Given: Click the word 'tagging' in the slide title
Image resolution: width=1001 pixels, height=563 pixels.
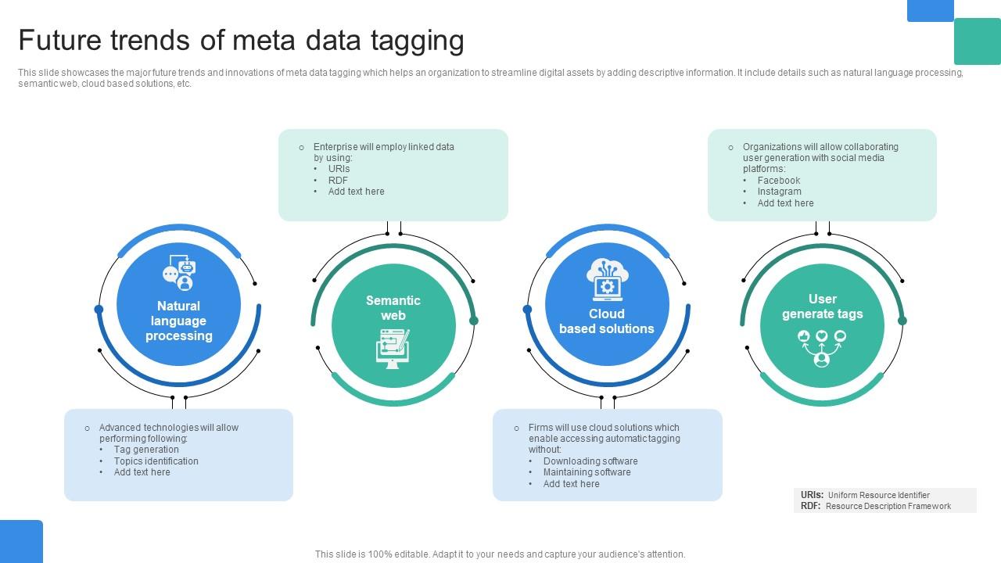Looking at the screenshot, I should pyautogui.click(x=417, y=41).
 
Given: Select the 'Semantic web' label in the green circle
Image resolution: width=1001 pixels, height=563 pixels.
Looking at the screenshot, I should pyautogui.click(x=393, y=307).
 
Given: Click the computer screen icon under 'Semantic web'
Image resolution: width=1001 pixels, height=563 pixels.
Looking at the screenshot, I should pyautogui.click(x=393, y=349).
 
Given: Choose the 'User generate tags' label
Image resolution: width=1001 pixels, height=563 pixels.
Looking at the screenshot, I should pyautogui.click(x=822, y=307).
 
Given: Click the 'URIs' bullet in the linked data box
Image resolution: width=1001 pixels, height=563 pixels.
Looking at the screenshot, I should pyautogui.click(x=339, y=169).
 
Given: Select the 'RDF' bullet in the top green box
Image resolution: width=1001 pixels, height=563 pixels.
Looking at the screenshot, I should pyautogui.click(x=338, y=180).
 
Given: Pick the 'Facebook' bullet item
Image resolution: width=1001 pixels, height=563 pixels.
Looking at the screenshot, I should pyautogui.click(x=778, y=181).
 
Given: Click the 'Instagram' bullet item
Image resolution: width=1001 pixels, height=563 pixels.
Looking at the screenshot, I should pyautogui.click(x=779, y=192).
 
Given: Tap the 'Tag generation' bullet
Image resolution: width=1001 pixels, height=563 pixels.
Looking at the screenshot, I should pyautogui.click(x=146, y=450).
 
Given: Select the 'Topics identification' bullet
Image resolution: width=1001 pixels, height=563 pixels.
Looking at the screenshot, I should pyautogui.click(x=156, y=461).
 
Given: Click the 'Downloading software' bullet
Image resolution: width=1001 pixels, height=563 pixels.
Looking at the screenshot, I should pyautogui.click(x=590, y=461).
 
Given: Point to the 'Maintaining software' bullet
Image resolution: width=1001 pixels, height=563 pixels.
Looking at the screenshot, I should pyautogui.click(x=587, y=472).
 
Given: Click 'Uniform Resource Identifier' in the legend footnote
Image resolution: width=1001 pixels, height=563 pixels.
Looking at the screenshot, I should pyautogui.click(x=878, y=495).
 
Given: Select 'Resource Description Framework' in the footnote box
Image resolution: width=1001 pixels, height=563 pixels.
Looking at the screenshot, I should pyautogui.click(x=888, y=506).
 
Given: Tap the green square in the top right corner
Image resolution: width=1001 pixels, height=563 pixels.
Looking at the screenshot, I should pyautogui.click(x=977, y=41).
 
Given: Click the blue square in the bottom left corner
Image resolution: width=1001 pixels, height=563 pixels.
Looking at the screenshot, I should pyautogui.click(x=21, y=541).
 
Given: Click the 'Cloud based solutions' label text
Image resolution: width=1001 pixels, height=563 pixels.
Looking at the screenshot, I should pyautogui.click(x=607, y=321).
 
